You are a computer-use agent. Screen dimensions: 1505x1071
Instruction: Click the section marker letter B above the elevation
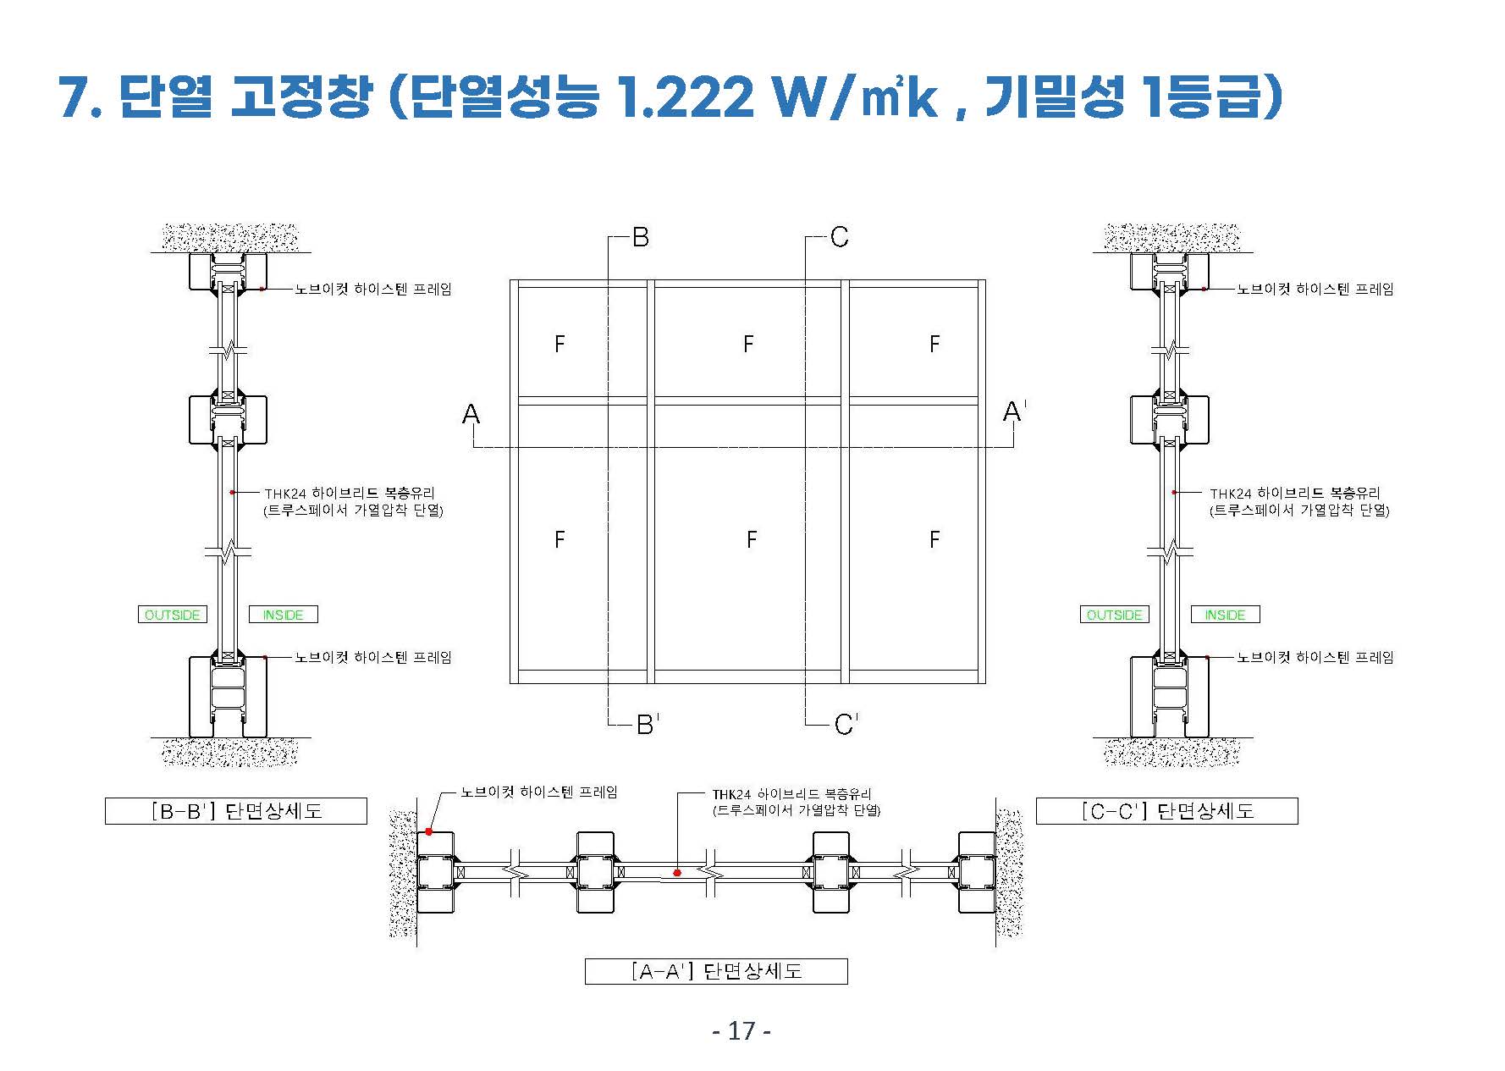641,237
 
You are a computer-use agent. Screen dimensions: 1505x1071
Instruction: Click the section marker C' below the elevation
845,724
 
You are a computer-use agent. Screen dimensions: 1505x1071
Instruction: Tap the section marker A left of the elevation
471,414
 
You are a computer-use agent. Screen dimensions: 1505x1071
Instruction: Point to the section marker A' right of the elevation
1014,411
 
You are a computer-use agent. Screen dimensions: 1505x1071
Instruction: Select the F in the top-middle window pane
748,344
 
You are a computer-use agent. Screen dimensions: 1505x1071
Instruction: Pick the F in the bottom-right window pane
934,539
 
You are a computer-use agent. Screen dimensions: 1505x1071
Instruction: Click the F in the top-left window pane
560,344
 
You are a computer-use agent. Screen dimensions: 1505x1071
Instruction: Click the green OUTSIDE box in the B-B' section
173,615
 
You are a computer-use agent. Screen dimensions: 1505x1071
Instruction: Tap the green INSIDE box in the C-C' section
1225,615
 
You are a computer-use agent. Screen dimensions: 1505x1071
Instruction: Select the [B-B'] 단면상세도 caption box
236,811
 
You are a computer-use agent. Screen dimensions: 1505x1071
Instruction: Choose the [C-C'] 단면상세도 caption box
1167,811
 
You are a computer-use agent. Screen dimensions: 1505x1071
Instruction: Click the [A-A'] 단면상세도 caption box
716,971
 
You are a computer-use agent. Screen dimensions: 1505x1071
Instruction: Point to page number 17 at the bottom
741,1031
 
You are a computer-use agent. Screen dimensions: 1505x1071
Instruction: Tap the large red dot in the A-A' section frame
429,831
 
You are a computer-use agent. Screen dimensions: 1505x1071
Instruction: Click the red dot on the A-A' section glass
677,872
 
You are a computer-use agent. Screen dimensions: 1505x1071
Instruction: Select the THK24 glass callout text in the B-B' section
354,501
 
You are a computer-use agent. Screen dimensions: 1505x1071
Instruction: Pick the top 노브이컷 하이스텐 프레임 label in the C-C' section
1315,289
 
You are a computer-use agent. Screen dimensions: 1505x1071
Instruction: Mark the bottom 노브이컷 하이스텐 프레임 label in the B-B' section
373,657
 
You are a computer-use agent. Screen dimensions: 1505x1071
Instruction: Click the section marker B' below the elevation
648,724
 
